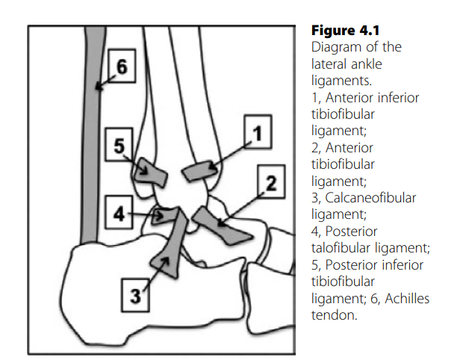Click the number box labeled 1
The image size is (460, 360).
(x=257, y=135)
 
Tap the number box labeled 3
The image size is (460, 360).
(x=134, y=295)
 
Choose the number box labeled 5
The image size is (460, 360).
(x=119, y=146)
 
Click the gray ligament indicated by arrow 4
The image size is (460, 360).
(x=165, y=217)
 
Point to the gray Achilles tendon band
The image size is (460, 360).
(x=93, y=149)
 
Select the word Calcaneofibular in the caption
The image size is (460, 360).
(x=360, y=198)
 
